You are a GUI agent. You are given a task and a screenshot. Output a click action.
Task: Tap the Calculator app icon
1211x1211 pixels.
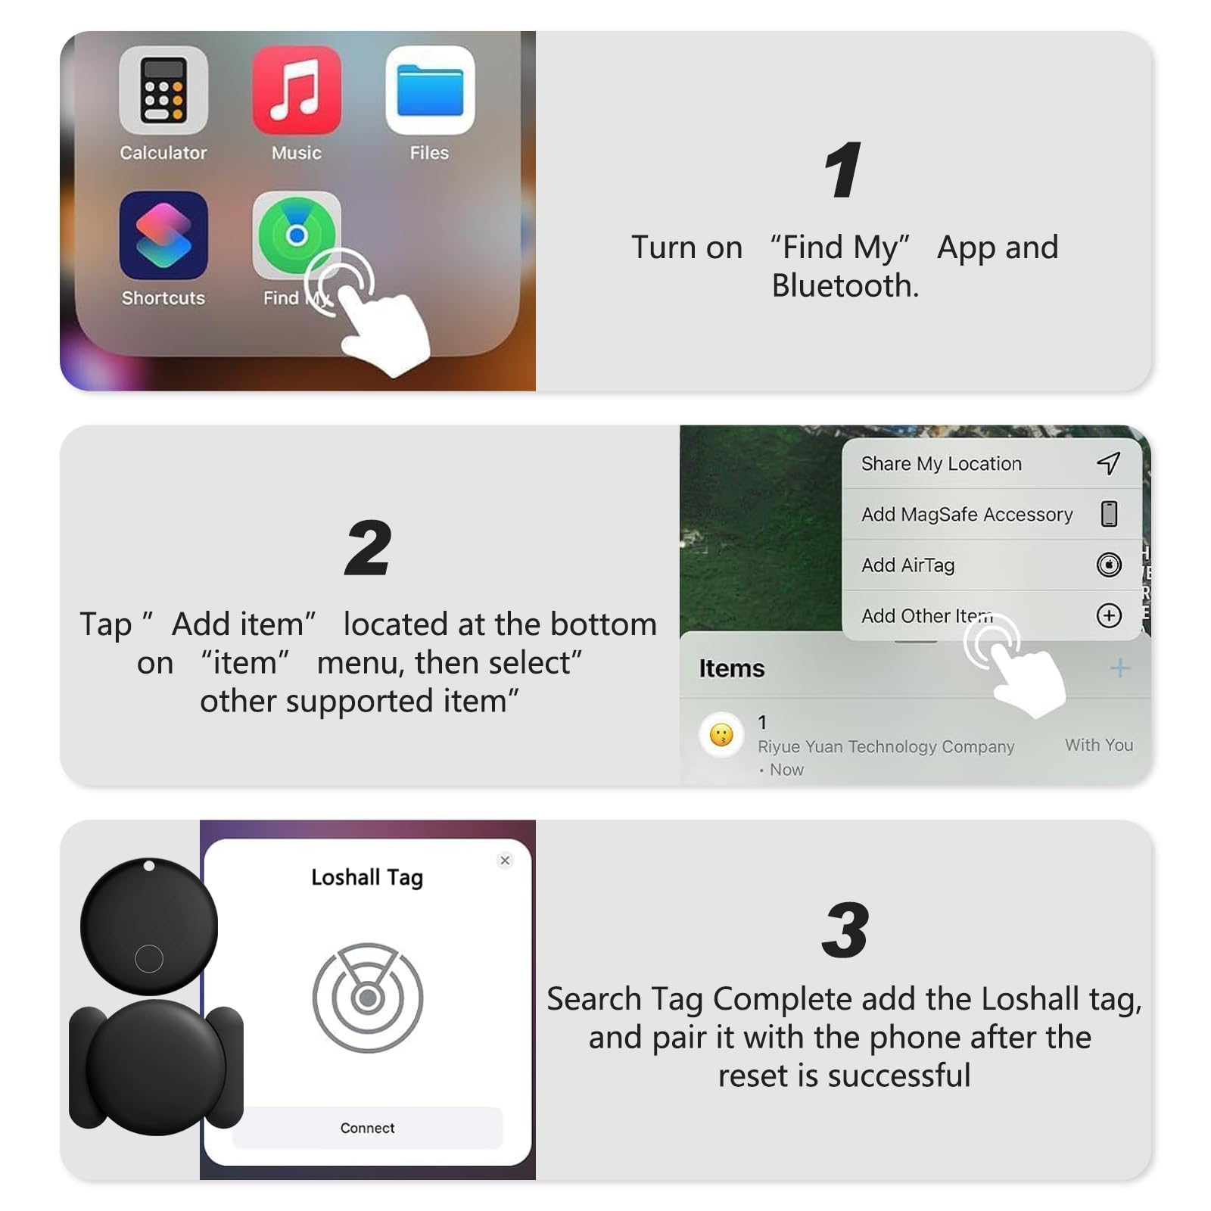163,90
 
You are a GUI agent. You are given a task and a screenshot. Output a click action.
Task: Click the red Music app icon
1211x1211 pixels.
297,90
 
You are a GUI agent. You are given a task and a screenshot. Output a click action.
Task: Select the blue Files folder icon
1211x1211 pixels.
430,90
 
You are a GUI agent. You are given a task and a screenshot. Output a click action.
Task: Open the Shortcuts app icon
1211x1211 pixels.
163,235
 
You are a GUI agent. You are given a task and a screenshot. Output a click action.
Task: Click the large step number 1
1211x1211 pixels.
843,170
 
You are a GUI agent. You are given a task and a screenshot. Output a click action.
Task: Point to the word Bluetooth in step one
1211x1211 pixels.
845,286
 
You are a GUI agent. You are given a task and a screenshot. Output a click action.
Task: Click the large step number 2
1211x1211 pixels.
368,548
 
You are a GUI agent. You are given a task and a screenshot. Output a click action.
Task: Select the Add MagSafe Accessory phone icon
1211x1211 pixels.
1109,514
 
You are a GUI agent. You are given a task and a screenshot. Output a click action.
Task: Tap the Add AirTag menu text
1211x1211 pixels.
907,565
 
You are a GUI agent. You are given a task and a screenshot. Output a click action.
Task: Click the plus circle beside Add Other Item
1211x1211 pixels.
1109,615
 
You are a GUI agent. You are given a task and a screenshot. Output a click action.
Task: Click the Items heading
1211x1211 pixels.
731,668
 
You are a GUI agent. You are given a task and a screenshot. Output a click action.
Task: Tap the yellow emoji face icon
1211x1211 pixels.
721,734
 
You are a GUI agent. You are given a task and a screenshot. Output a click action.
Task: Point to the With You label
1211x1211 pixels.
1098,745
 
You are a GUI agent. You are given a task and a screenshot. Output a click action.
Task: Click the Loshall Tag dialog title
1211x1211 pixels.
367,877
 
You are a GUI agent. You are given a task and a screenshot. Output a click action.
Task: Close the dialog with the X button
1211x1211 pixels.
505,860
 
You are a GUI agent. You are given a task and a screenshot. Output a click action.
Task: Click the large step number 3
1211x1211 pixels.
845,930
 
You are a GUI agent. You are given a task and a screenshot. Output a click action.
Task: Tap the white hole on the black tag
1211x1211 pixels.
149,866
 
